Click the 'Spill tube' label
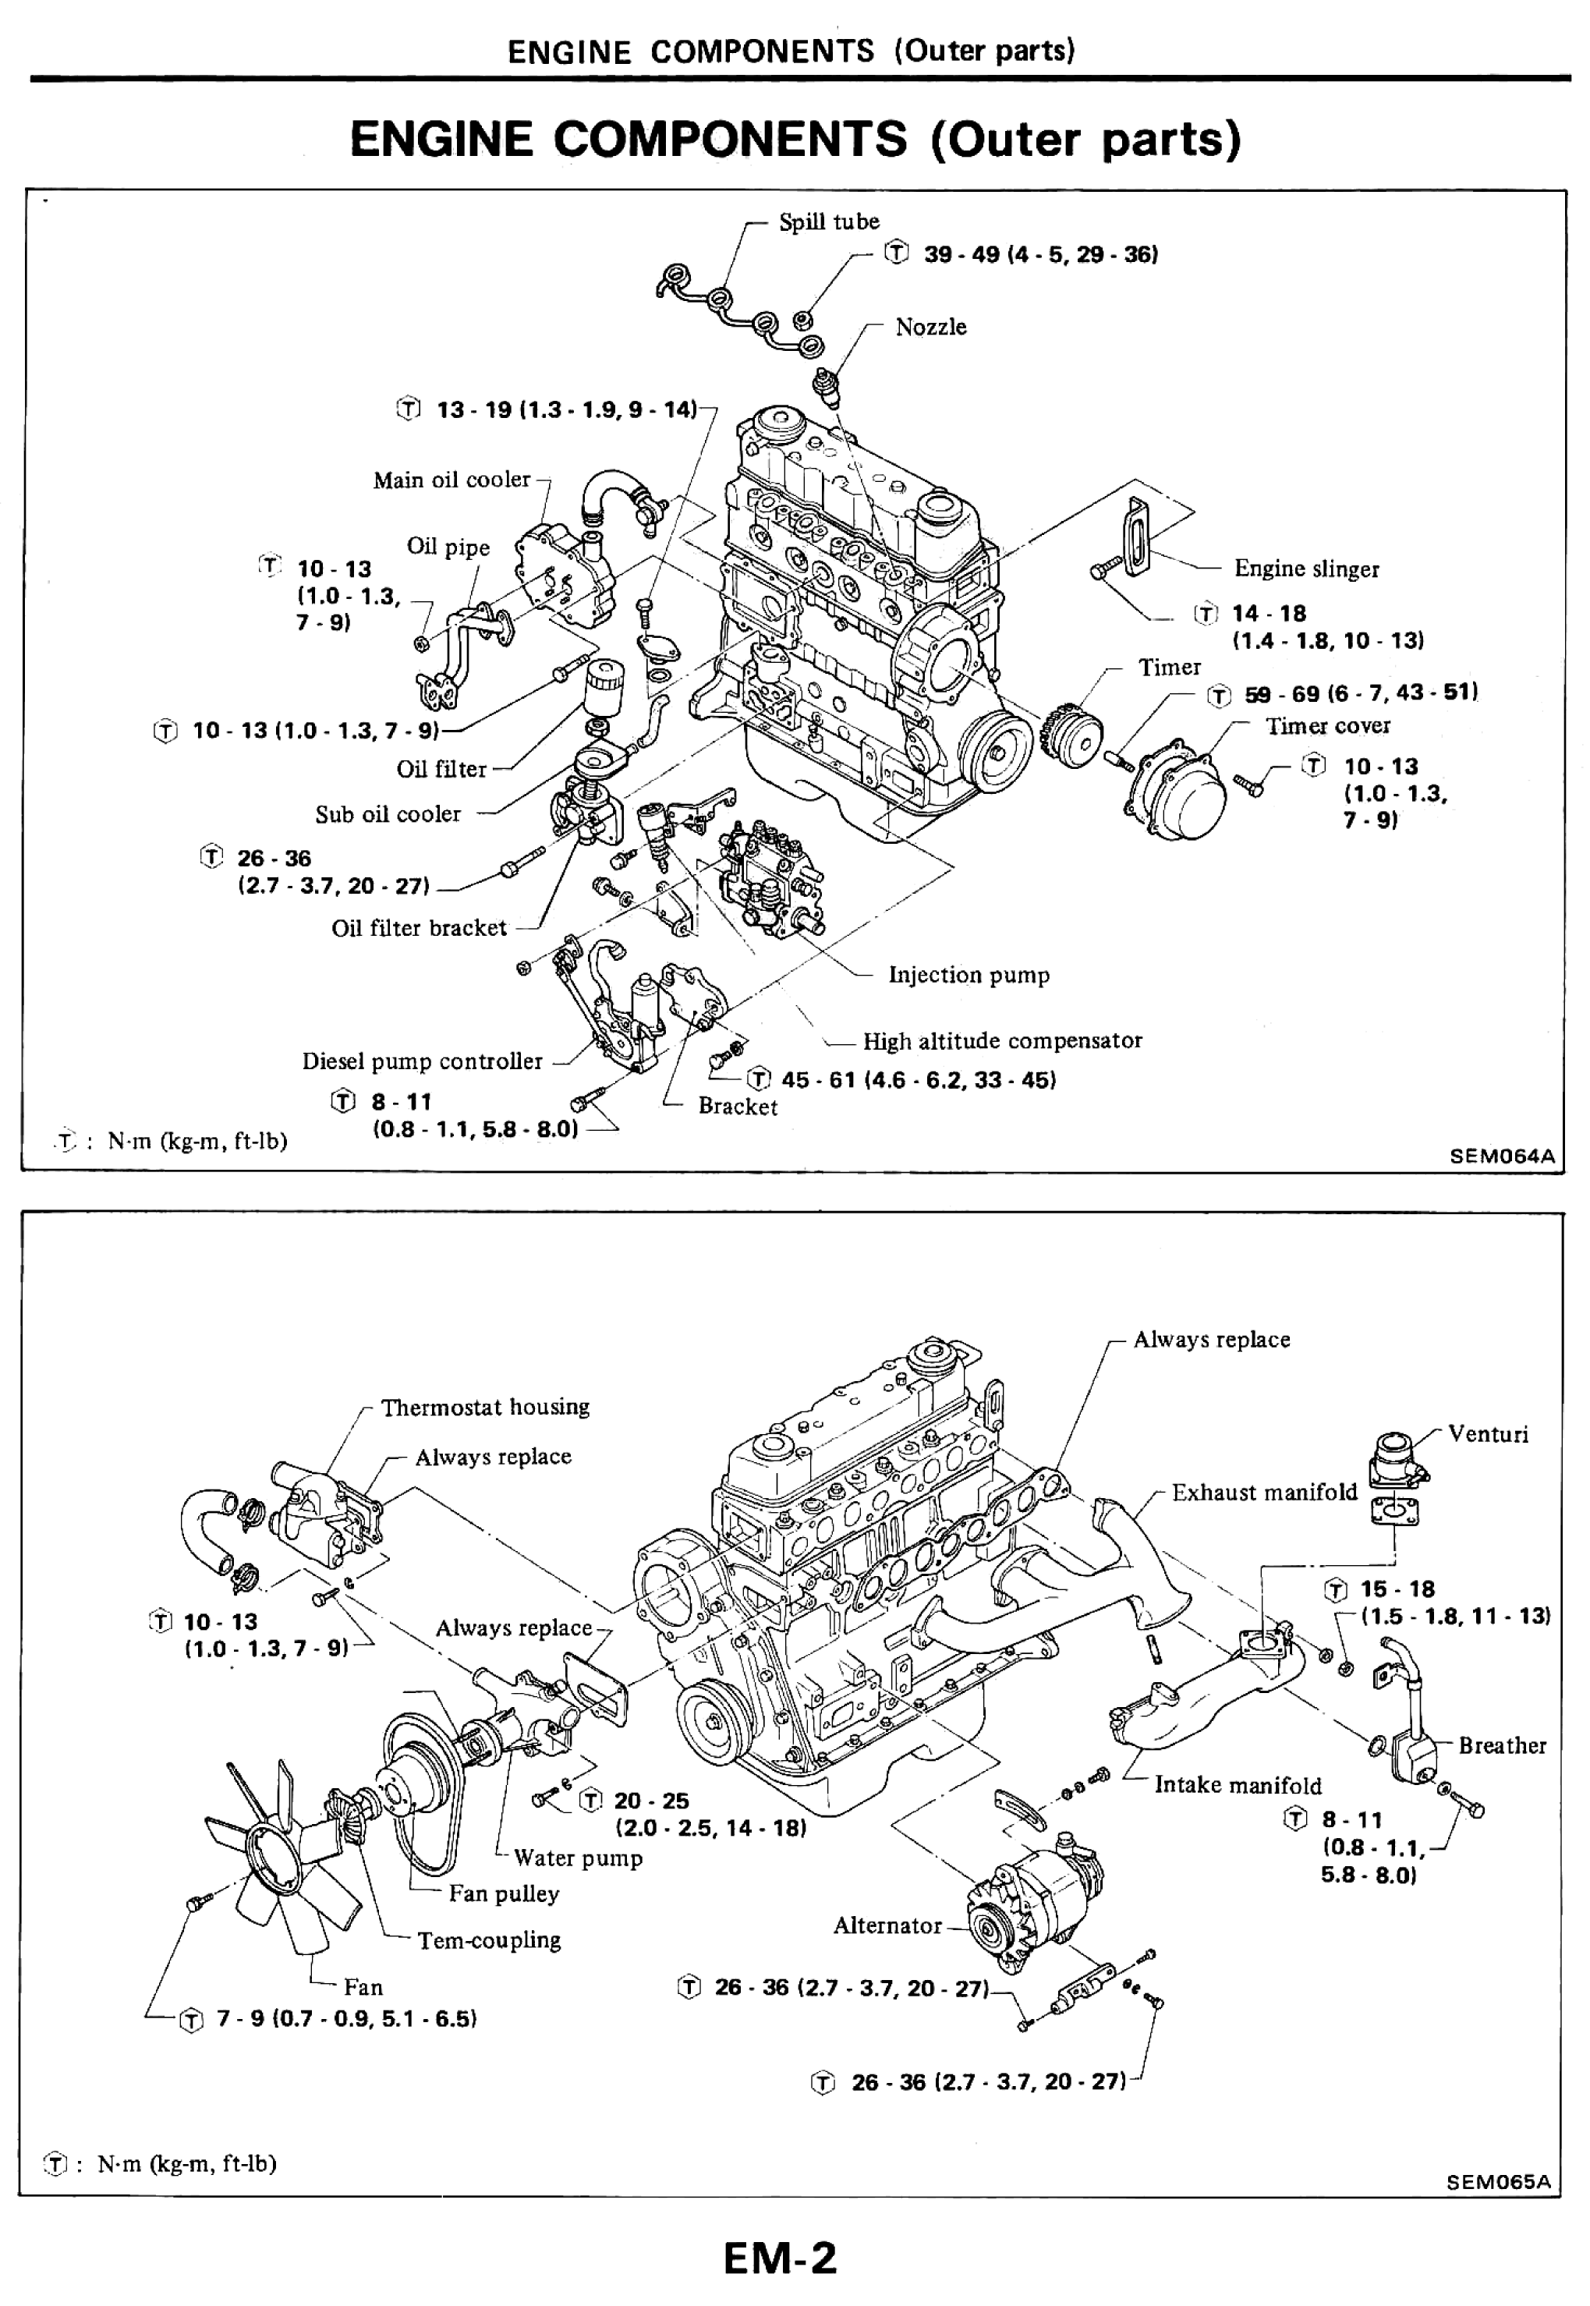tap(828, 221)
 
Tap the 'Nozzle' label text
tap(930, 327)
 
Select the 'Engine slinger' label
tap(1305, 569)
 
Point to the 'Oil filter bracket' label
tap(419, 928)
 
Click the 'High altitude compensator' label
tap(1001, 1041)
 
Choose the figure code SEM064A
tap(1500, 1156)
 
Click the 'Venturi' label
tap(1486, 1434)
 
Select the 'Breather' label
tap(1501, 1745)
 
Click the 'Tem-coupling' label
tap(488, 1940)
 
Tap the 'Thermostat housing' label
tap(484, 1408)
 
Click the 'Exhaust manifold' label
tap(1263, 1492)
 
